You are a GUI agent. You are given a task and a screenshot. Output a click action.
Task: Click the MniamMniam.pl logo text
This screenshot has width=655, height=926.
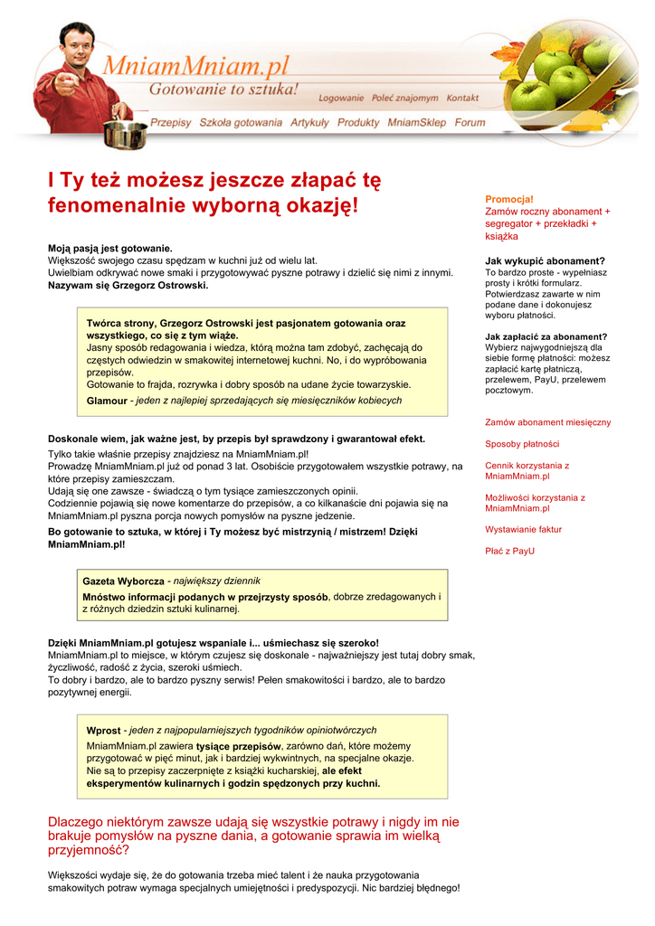195,66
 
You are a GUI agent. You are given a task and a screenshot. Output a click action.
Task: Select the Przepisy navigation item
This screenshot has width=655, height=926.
171,122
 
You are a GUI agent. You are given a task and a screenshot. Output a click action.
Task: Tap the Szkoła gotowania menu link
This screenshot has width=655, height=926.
241,122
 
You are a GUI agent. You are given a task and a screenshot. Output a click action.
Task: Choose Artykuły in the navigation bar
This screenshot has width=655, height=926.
309,122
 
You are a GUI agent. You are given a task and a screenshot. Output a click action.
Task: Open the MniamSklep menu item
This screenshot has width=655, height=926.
417,122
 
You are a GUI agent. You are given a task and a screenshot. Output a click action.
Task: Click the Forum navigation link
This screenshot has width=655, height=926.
470,122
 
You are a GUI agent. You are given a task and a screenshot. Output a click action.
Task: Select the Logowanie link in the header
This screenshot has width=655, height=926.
342,98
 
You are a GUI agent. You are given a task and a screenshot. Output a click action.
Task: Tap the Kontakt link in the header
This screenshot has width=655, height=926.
462,98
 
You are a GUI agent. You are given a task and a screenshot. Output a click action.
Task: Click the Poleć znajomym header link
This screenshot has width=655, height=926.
405,98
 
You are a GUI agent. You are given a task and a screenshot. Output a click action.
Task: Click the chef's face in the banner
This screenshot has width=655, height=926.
81,40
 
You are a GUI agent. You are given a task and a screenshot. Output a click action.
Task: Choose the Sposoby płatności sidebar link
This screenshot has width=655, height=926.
522,444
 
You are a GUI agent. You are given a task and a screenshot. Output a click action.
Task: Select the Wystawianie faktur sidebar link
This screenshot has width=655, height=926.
523,529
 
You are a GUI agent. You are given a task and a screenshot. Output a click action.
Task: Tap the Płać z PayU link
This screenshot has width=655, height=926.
509,551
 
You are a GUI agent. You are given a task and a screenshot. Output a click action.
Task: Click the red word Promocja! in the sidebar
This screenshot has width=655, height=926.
509,199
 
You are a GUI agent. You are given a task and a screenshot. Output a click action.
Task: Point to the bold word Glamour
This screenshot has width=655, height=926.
107,401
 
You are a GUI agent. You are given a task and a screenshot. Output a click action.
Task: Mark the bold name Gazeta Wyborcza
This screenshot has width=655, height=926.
123,581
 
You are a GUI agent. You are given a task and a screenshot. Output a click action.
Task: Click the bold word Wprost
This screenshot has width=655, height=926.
103,730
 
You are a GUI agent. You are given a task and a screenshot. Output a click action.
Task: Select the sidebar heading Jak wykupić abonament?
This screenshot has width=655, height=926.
545,261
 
